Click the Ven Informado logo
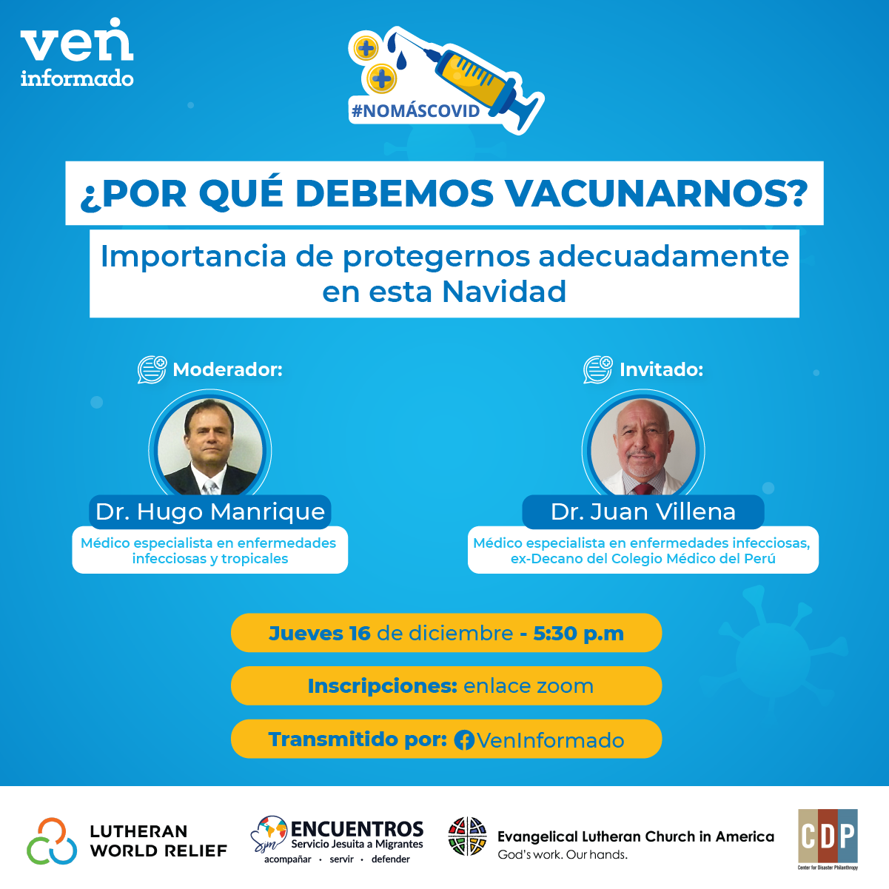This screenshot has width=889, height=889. pos(77,53)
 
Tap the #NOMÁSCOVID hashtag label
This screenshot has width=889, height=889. pos(415,111)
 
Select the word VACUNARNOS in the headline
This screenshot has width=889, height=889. pos(656,193)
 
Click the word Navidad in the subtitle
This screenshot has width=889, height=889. pos(505,292)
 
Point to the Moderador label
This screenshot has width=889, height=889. pos(227,369)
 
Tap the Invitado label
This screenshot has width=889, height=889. pos(661,369)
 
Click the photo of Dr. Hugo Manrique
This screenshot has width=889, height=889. pos(210,448)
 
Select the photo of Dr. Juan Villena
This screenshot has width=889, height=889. pos(643,448)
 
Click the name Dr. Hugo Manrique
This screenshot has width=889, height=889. pos(210,511)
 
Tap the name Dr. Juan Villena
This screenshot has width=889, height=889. pos(643,511)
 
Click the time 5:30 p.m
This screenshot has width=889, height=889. pos(578,634)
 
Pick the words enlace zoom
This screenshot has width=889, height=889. pos(529,686)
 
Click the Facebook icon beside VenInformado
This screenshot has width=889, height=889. pos(464,740)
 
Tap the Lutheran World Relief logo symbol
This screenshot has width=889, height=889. pos(52,841)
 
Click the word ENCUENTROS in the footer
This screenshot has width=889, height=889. pos(357,829)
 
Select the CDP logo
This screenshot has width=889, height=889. pos(828,837)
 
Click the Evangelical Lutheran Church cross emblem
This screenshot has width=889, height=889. pos(468,836)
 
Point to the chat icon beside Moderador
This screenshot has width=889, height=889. pos(152,369)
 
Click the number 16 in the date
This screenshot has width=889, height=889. pos(360,634)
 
